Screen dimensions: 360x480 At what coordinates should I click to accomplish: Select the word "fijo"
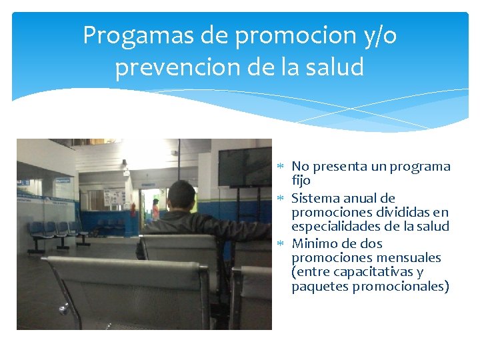pos(301,181)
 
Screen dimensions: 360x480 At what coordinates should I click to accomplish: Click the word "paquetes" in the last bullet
pos(318,287)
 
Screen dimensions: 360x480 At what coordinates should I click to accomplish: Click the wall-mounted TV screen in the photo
pos(245,166)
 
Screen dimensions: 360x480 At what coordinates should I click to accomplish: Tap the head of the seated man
pos(181,195)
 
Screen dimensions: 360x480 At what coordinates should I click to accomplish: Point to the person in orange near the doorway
pos(155,209)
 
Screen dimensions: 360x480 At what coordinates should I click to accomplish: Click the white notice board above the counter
pos(115,197)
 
